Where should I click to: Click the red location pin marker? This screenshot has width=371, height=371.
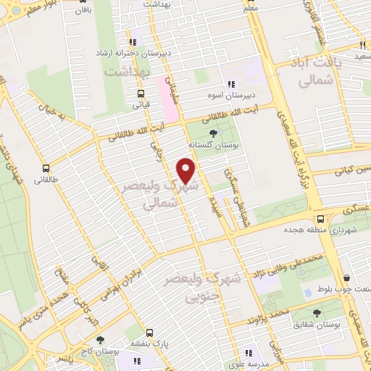(x=187, y=170)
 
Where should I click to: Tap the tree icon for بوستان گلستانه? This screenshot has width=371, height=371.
(x=213, y=133)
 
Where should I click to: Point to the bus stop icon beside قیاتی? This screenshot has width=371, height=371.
(x=140, y=93)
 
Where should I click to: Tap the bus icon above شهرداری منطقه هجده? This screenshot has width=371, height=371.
(x=320, y=217)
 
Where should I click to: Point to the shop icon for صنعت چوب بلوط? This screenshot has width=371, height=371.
(x=347, y=278)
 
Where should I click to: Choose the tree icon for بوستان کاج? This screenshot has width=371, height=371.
(x=99, y=339)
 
